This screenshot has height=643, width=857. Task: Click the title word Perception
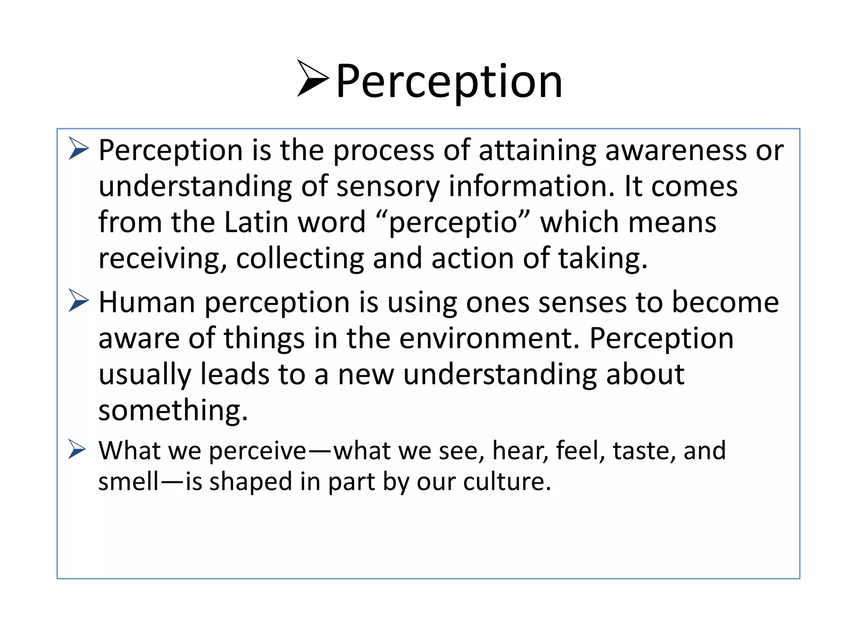[449, 81]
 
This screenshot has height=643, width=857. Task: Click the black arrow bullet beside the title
[312, 78]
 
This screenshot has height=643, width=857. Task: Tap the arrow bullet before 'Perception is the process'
[79, 149]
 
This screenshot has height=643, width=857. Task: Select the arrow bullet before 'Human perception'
[79, 301]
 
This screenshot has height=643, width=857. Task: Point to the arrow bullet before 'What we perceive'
[77, 450]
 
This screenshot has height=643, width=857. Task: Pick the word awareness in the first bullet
[676, 150]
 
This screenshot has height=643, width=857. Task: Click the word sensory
[388, 187]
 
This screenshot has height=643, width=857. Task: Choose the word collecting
[300, 259]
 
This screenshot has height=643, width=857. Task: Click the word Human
[146, 302]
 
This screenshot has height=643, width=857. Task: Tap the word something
[173, 410]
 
